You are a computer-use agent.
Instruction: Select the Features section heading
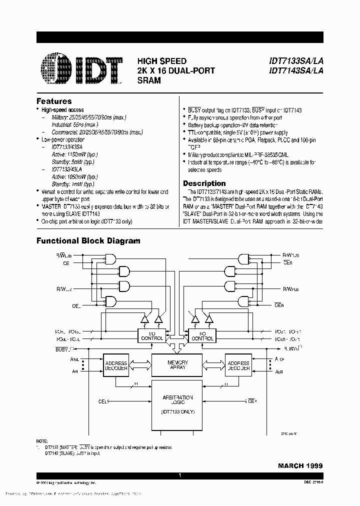[54, 101]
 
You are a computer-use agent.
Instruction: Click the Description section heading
[204, 183]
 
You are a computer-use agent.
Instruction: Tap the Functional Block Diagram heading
[88, 240]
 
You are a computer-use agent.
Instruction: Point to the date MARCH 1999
[300, 465]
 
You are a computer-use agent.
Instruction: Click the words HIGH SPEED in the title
[162, 61]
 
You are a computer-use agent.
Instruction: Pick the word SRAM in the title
[149, 80]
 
